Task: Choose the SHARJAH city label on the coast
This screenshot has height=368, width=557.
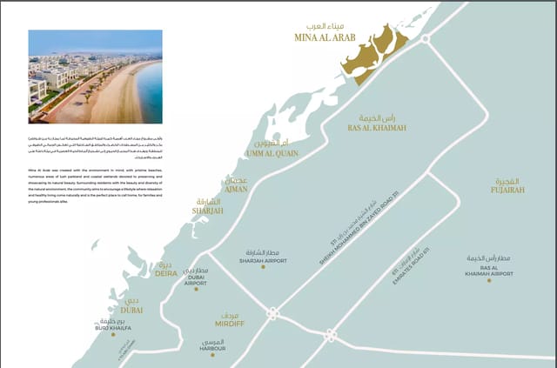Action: (x=208, y=211)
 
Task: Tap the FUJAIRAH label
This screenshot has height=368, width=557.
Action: (x=509, y=188)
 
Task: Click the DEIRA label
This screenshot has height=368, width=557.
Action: (x=166, y=273)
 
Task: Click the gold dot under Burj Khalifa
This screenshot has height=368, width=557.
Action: (x=113, y=334)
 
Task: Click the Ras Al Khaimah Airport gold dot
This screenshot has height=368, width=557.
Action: (x=489, y=280)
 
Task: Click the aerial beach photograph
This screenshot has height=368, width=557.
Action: (x=95, y=77)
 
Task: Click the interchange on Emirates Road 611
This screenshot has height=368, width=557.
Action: (x=331, y=335)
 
